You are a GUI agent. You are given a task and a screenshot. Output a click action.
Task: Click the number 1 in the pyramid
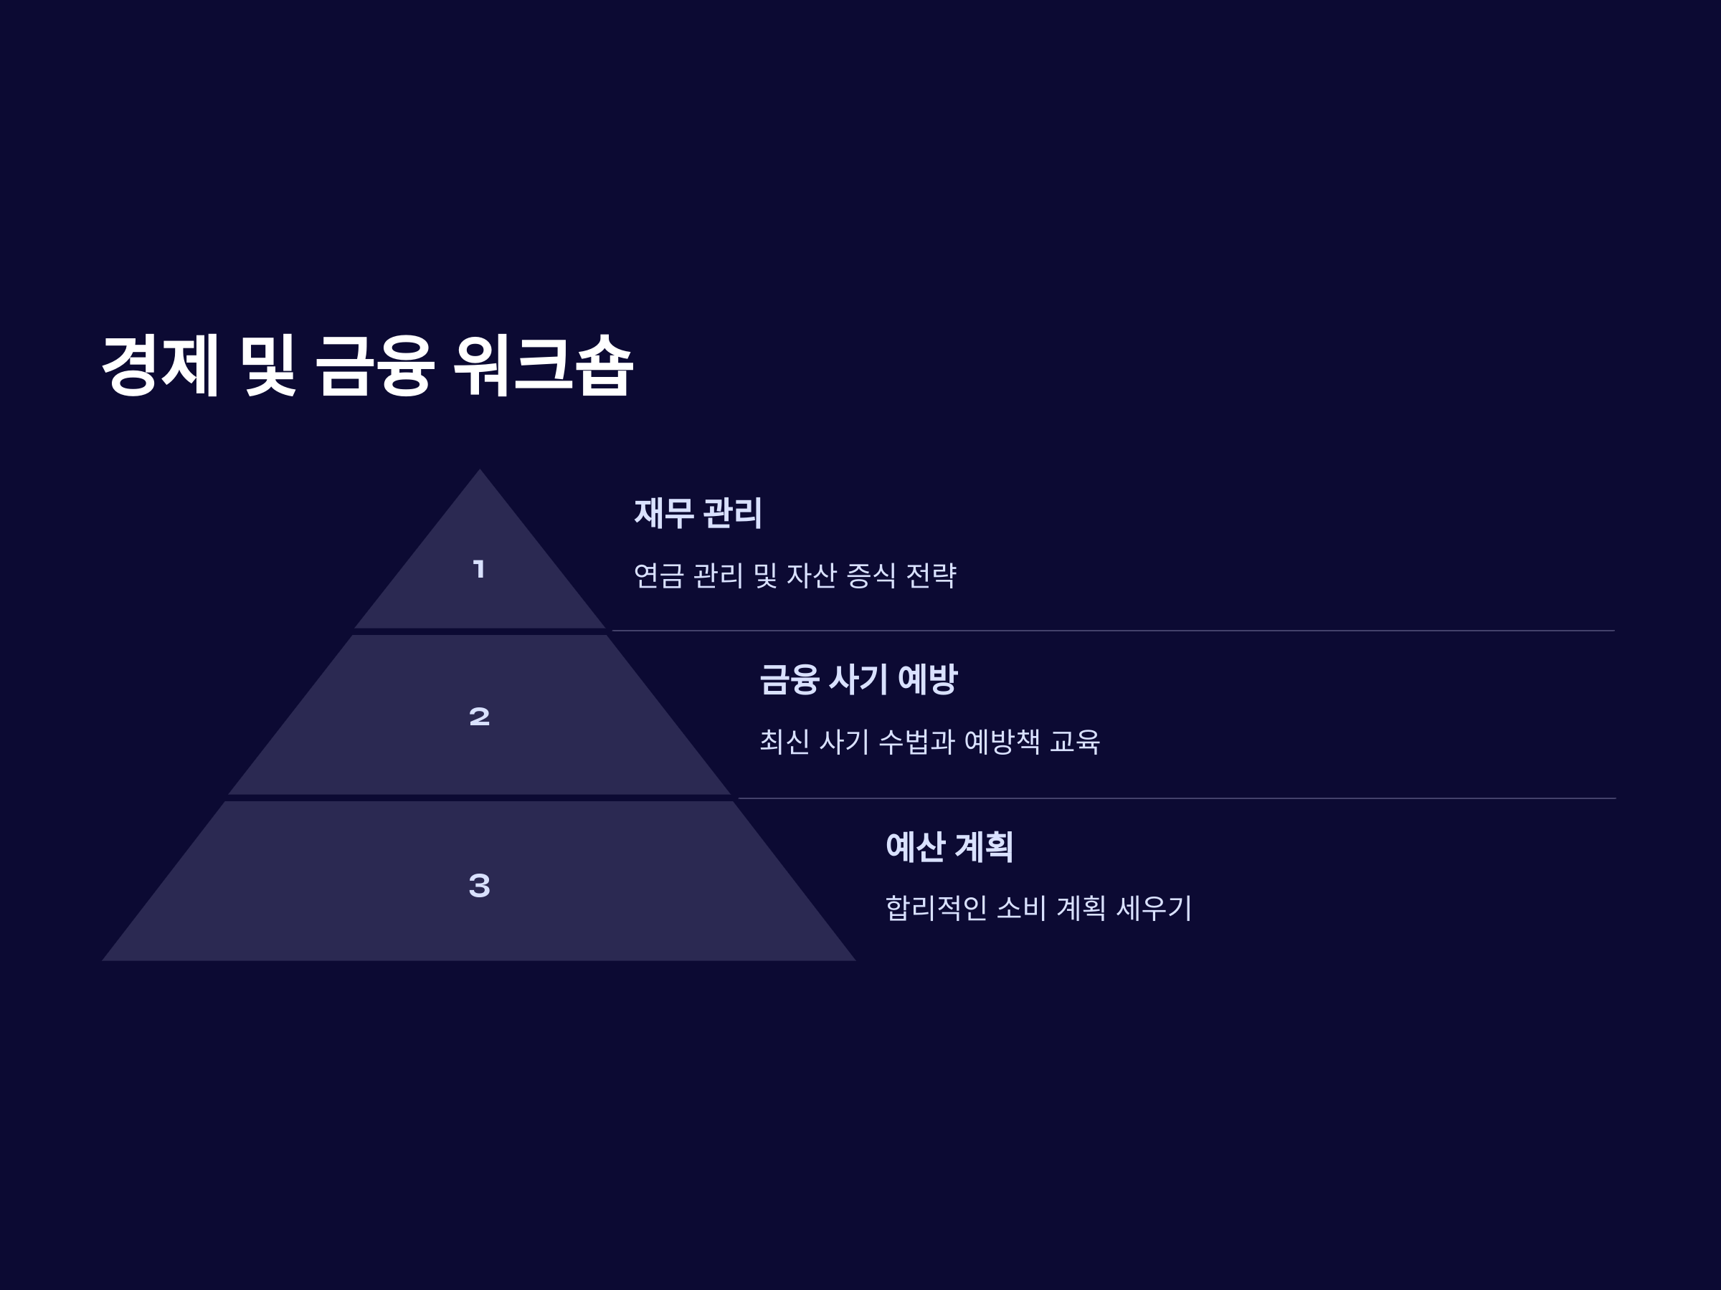(479, 569)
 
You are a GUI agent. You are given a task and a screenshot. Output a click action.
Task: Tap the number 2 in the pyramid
(479, 716)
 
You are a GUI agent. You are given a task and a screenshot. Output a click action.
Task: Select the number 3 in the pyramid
(479, 885)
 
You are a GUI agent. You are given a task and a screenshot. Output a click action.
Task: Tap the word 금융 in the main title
(374, 365)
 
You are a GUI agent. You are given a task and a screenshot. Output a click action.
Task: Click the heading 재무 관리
(698, 513)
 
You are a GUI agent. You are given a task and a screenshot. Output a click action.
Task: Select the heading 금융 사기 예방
(858, 679)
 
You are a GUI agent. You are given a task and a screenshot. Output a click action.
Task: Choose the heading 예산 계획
(949, 847)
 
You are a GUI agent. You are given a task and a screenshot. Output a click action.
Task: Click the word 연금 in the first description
(658, 576)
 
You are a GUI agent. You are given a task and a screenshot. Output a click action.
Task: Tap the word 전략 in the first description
(931, 576)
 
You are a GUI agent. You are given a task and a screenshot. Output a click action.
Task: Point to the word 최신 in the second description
(784, 742)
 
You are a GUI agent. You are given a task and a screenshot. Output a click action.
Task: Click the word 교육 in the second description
(1074, 742)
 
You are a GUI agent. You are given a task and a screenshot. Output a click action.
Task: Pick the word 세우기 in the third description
(1154, 907)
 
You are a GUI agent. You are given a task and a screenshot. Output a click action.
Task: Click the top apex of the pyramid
(479, 472)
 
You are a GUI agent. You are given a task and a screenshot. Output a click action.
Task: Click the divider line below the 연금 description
(1113, 631)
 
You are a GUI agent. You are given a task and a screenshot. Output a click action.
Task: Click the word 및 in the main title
(267, 365)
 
